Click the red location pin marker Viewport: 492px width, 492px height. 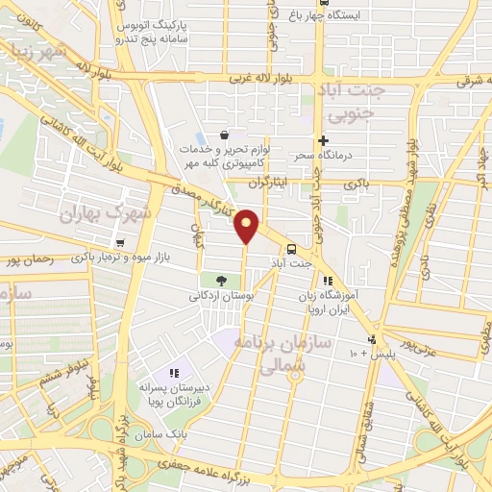(x=247, y=226)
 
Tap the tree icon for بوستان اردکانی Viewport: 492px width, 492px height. (x=223, y=281)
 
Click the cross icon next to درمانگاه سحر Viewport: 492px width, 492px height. (x=324, y=140)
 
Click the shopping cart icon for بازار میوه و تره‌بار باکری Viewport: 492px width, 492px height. (x=120, y=243)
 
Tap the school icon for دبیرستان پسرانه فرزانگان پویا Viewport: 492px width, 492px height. (x=174, y=373)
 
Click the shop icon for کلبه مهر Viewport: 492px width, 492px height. (x=224, y=135)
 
